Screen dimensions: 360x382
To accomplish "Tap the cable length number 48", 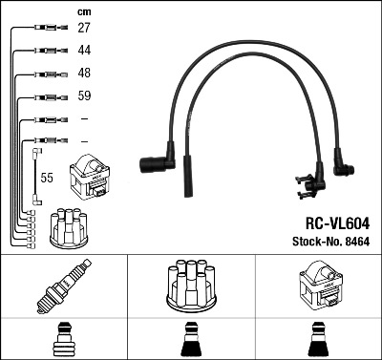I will (83, 74).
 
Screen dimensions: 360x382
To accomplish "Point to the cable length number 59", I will (83, 96).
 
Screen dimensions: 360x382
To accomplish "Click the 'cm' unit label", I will (83, 11).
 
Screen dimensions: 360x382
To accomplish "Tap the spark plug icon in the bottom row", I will (63, 286).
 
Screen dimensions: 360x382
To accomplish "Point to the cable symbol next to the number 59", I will (46, 96).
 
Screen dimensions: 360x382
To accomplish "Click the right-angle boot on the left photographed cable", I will (158, 165).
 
